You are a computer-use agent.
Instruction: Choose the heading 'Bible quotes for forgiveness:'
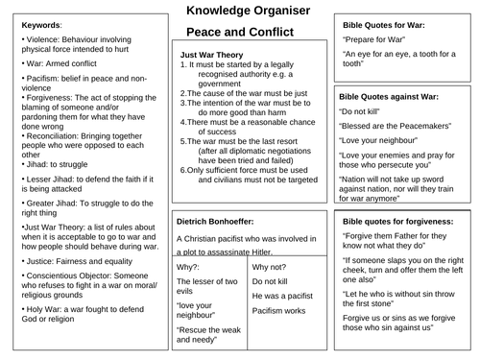(402, 224)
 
